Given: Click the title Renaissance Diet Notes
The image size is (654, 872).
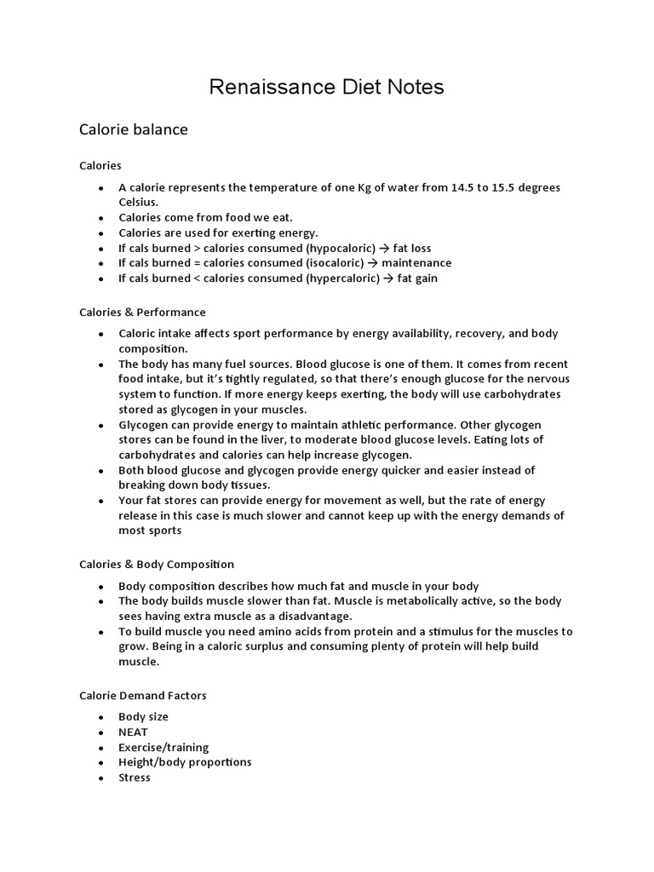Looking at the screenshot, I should (327, 87).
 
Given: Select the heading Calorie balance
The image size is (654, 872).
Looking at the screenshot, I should (133, 130).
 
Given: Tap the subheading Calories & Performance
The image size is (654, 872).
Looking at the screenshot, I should (142, 313).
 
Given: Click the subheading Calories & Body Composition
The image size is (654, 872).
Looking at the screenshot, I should (157, 565).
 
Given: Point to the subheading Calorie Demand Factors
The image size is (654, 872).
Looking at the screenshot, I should (142, 696).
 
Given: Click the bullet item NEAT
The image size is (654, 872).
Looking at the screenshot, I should (133, 732).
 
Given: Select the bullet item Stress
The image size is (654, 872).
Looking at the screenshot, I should (135, 777).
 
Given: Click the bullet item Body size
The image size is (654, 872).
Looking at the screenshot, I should (143, 717).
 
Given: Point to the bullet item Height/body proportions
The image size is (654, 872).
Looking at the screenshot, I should (185, 762).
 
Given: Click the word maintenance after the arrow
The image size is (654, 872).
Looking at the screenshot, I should (416, 263).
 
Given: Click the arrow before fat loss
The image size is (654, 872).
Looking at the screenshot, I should (385, 249).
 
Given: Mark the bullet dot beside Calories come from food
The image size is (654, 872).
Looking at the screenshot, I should (100, 219).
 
